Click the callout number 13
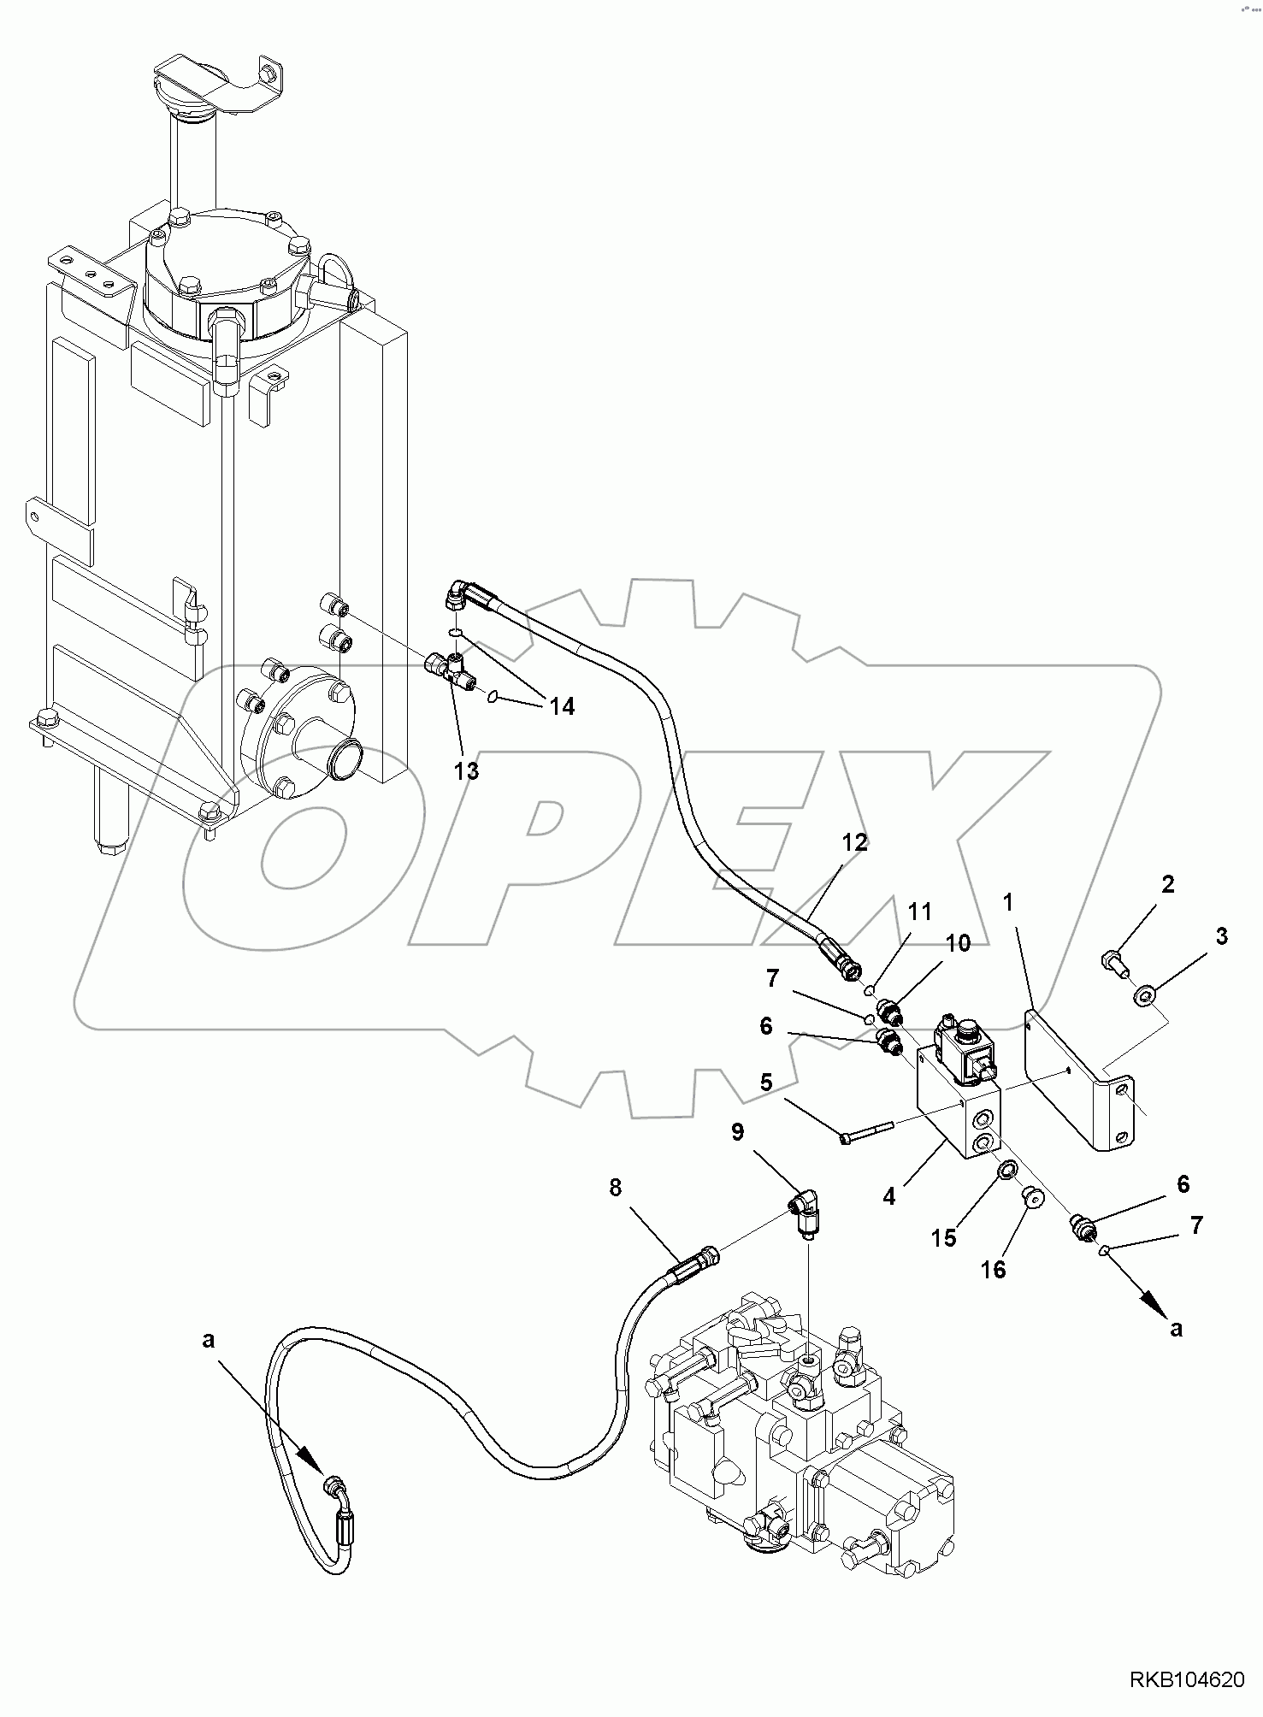click(466, 770)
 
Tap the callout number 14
click(562, 705)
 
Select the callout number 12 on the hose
click(854, 842)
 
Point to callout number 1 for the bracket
click(1009, 902)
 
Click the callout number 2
click(1167, 884)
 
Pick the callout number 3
click(1222, 936)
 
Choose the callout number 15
click(944, 1238)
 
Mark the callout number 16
click(994, 1270)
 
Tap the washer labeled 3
click(1143, 994)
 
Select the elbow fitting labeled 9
click(805, 1208)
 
